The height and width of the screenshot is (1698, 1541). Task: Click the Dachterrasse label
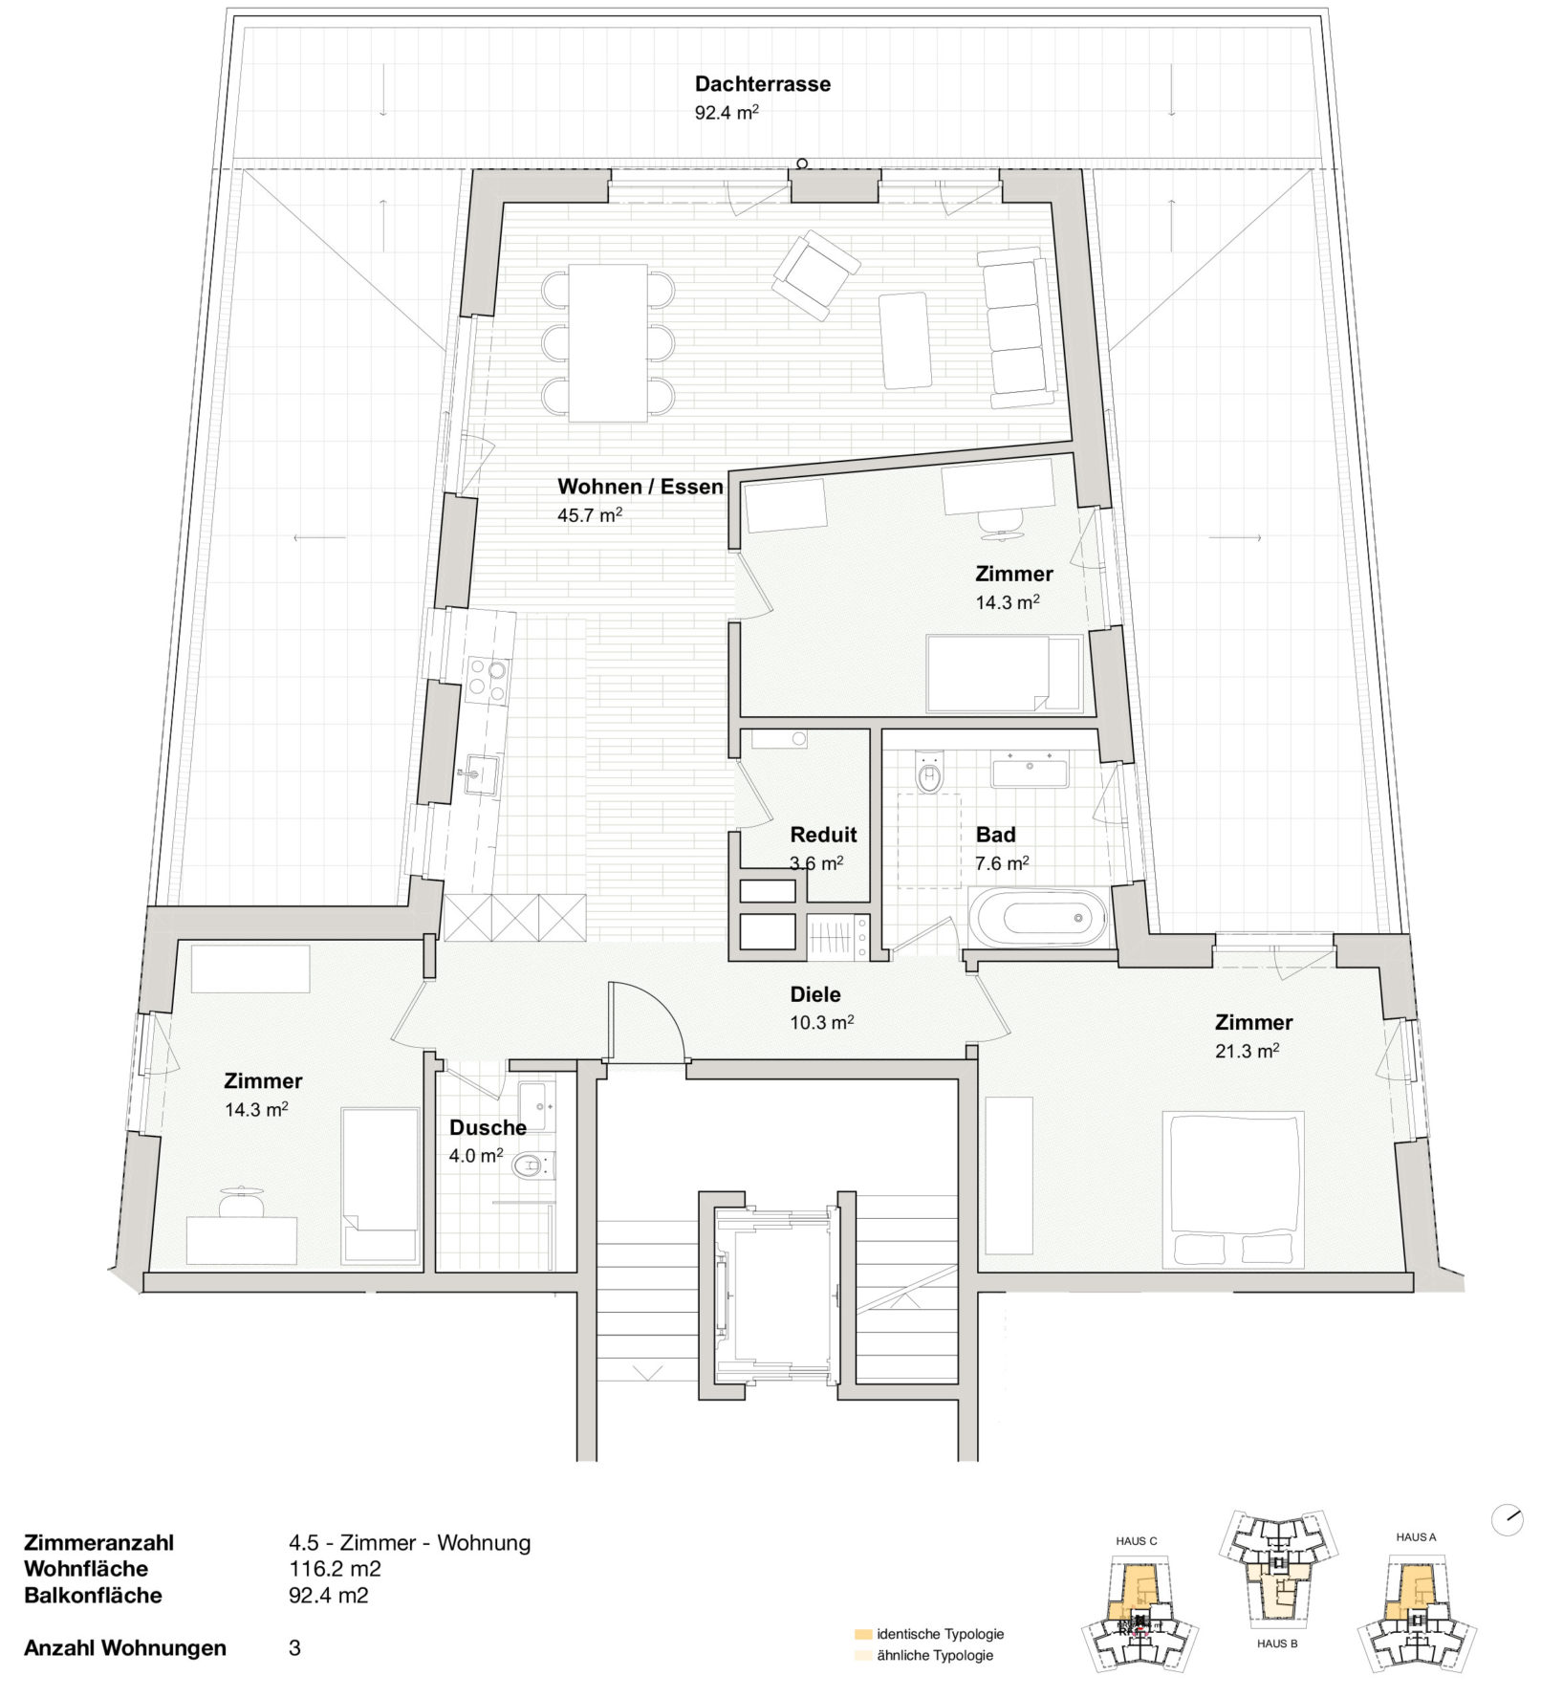[x=762, y=84]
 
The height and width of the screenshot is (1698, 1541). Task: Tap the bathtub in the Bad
[x=1038, y=917]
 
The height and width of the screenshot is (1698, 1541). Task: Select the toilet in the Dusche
[x=532, y=1165]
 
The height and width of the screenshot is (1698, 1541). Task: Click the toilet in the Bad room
[x=929, y=774]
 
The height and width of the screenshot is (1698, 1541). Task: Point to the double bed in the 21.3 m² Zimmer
[x=1233, y=1189]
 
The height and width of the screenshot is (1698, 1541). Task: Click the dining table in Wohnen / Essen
[x=608, y=342]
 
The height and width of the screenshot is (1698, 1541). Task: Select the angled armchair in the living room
[x=815, y=274]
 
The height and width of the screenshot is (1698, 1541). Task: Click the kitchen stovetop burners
[x=487, y=680]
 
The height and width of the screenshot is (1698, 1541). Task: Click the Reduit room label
[x=823, y=835]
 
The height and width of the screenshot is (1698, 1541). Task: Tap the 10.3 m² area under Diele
[x=821, y=1022]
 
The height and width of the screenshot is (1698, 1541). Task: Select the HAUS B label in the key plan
[x=1277, y=1644]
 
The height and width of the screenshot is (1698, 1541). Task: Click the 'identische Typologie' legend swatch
[x=863, y=1634]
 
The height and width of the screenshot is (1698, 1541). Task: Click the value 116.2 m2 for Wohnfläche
[x=335, y=1569]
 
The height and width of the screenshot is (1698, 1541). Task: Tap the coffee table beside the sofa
[x=905, y=340]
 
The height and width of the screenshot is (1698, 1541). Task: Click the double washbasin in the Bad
[x=1030, y=771]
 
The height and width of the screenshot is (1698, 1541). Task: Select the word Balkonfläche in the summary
[x=93, y=1596]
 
